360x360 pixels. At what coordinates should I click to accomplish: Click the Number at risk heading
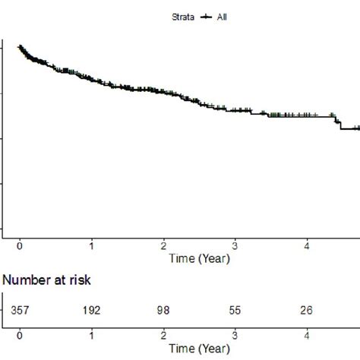tap(46, 280)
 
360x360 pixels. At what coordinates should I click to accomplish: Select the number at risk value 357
tap(20, 309)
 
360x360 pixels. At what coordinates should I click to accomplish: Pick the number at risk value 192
tap(91, 309)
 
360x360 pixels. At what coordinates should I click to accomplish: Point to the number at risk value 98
tap(163, 309)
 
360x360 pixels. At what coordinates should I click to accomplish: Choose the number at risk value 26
tap(307, 309)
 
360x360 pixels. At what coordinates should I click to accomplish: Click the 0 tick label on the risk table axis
tap(20, 336)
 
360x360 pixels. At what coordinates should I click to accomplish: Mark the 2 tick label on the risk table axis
tap(163, 336)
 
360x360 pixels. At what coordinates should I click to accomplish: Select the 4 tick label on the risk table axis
tap(307, 336)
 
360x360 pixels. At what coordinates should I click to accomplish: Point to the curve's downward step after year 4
tap(338, 122)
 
